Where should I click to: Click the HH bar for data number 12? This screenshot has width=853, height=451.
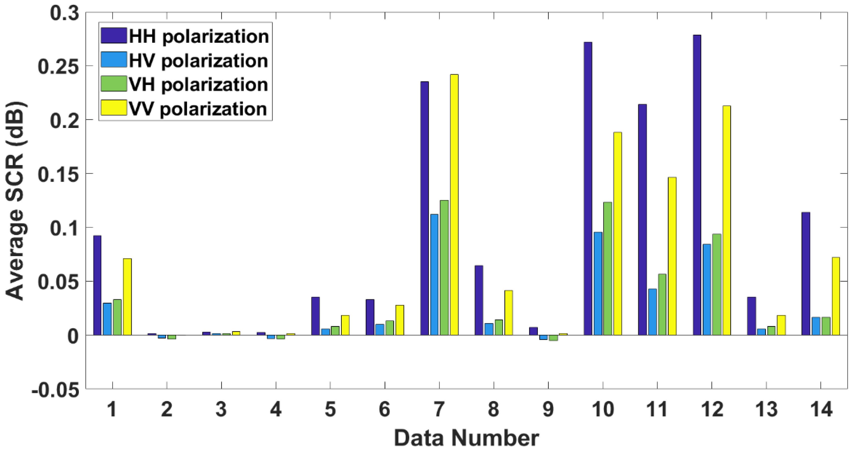pyautogui.click(x=697, y=185)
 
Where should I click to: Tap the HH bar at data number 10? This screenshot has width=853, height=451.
pyautogui.click(x=588, y=189)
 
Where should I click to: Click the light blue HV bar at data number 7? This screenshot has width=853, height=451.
pyautogui.click(x=434, y=275)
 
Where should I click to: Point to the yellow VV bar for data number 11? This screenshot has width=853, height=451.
pyautogui.click(x=672, y=256)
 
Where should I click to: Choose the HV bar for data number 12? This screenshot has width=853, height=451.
pyautogui.click(x=707, y=290)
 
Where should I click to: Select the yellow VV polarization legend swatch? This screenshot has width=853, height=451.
pyautogui.click(x=113, y=108)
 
